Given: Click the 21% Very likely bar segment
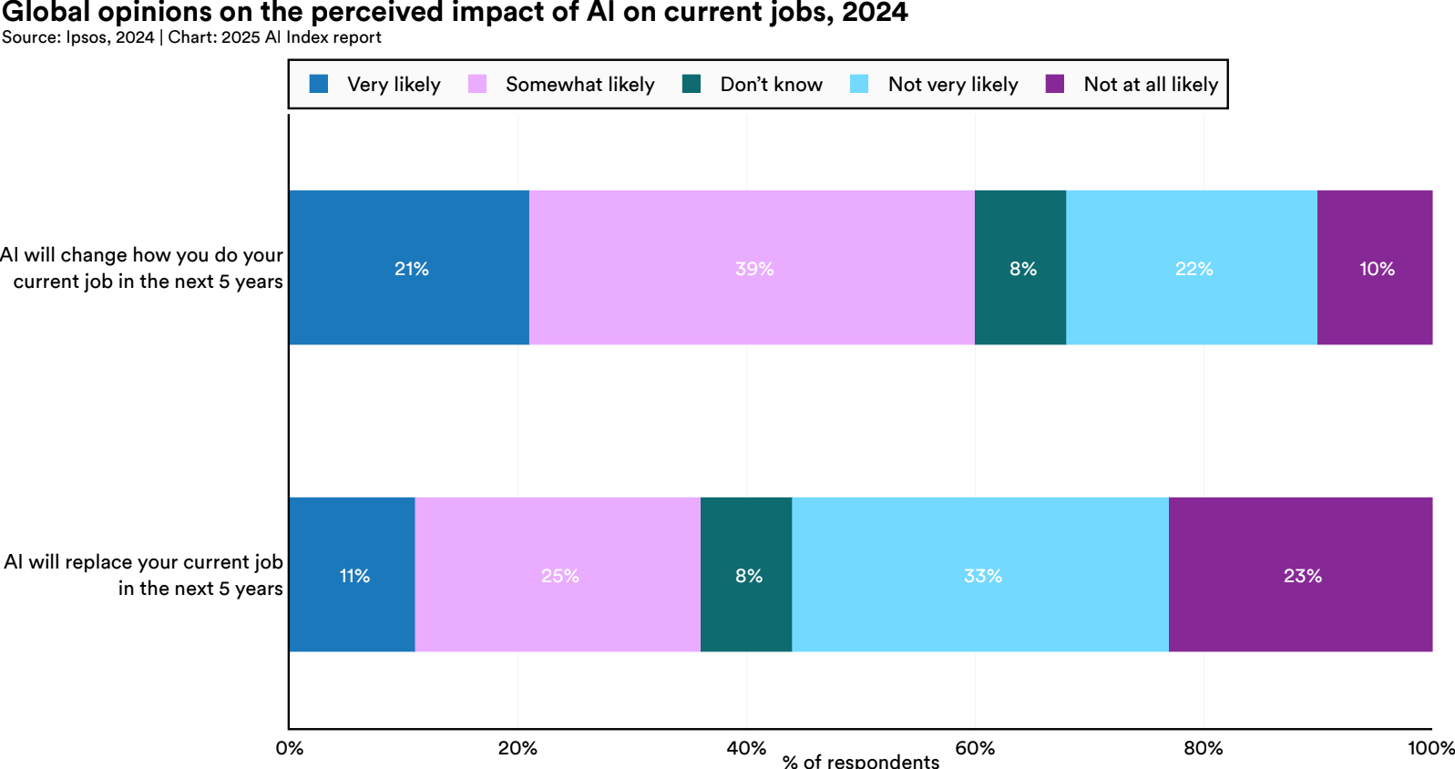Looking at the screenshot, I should [409, 268].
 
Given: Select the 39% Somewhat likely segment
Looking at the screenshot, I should [752, 268].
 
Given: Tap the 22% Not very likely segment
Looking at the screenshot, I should [1192, 268].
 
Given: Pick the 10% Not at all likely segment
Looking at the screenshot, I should [1375, 268].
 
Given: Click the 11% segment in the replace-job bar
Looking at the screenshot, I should [353, 575].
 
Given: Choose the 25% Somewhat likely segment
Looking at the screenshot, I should [558, 575].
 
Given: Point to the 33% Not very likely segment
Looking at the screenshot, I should [980, 575].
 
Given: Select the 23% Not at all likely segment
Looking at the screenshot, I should [1301, 575].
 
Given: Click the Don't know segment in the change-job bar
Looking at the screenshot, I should [1020, 268].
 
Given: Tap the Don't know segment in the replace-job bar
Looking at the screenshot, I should [746, 575].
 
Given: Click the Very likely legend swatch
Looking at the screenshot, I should [319, 84].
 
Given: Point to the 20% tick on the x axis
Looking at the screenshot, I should [517, 748].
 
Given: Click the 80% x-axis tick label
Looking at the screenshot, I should [1203, 748].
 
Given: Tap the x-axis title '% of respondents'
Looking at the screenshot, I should [860, 761].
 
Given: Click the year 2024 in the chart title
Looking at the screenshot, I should [875, 13].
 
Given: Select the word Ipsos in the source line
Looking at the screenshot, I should [86, 37].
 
